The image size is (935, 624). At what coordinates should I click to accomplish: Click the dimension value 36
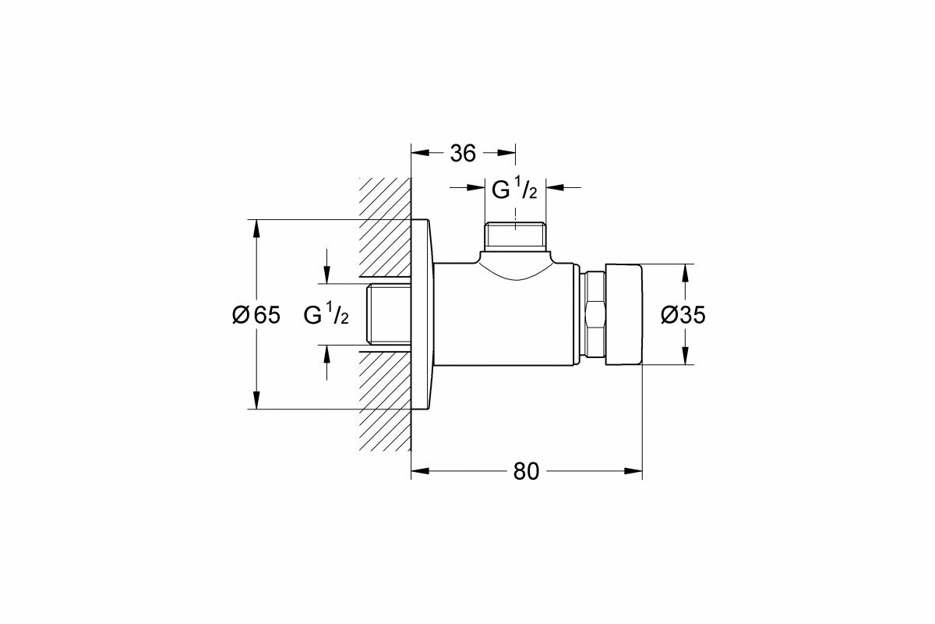coord(463,154)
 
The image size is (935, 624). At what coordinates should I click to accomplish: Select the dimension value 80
coord(526,471)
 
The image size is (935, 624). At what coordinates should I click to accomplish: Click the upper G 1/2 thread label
coord(514,190)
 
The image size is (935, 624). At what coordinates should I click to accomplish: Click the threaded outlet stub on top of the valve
coord(515,236)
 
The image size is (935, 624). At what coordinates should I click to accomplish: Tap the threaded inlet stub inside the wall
coord(389,314)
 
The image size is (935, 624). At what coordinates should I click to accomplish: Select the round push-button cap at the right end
coord(623,314)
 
